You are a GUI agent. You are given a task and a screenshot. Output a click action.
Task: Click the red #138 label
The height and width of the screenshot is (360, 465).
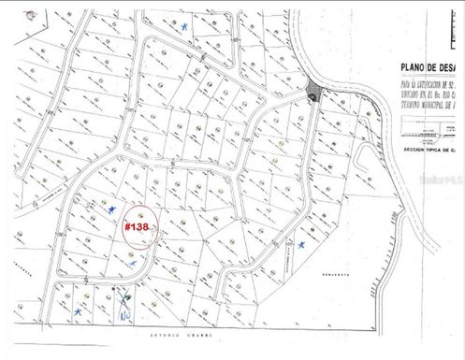click(137, 226)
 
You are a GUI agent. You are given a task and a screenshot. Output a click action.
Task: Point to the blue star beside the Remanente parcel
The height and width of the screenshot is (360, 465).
click(302, 244)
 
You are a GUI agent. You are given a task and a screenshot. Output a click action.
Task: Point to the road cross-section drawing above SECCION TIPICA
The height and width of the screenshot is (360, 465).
click(426, 131)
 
